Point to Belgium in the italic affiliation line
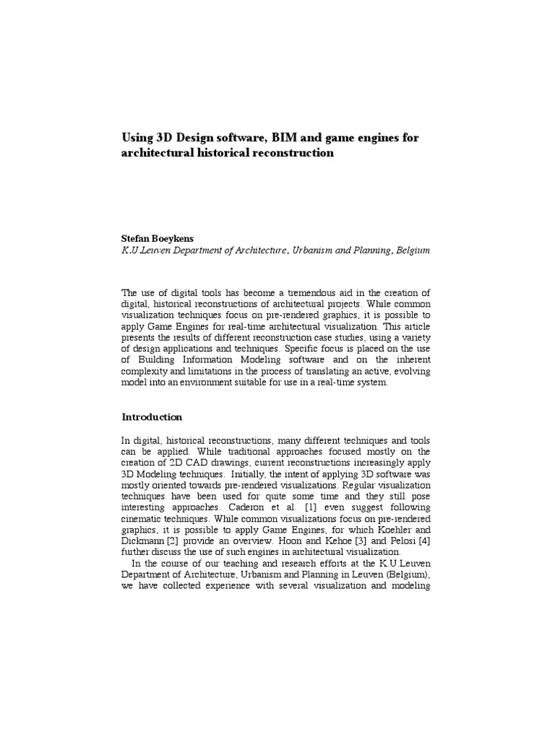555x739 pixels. pos(413,250)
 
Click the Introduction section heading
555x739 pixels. pos(152,417)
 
